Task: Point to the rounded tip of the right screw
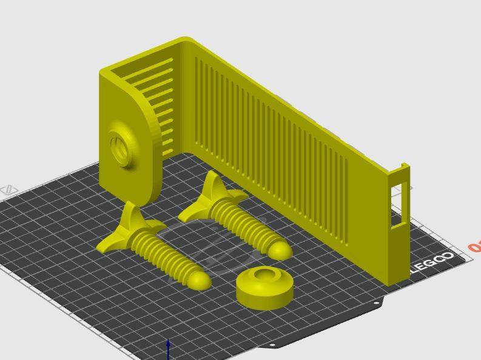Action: coord(280,250)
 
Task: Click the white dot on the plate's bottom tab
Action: coord(272,345)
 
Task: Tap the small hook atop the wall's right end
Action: coord(405,167)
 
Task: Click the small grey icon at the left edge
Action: coord(10,190)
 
